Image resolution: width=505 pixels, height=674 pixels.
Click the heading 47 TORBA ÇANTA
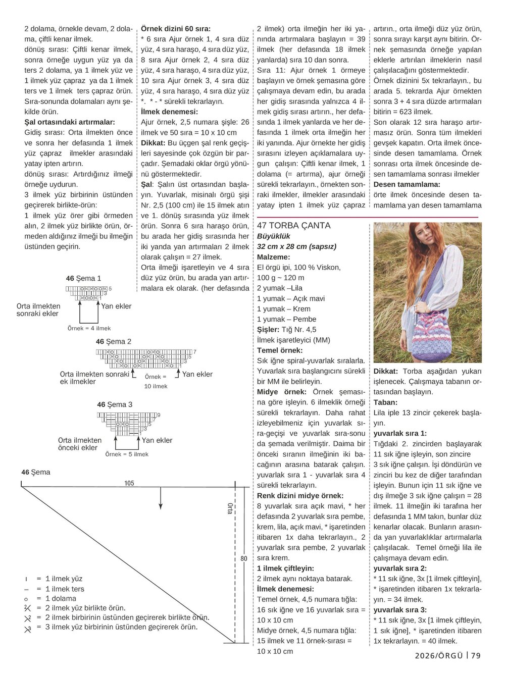[293, 226]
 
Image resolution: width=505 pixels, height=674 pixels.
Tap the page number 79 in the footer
[475, 656]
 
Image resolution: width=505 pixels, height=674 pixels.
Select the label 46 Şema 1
[83, 278]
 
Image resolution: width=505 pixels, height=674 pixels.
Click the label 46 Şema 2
[114, 342]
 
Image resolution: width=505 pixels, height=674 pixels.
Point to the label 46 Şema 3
[115, 405]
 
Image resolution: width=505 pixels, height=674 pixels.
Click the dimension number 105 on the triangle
[129, 483]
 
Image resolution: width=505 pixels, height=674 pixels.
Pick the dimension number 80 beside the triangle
[244, 559]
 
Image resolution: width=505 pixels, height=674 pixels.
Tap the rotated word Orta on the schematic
[230, 509]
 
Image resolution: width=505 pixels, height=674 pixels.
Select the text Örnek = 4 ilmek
[89, 328]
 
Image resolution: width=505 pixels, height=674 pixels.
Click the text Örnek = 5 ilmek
[127, 454]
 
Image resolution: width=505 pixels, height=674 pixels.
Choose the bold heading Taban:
[385, 402]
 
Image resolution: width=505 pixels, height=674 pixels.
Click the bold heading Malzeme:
[273, 257]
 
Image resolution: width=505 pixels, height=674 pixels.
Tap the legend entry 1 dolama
[61, 599]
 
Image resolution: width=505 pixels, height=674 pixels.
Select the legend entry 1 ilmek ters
[65, 589]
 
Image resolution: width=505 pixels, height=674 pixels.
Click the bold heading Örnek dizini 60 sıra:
[176, 29]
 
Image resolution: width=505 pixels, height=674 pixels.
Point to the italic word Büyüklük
[274, 236]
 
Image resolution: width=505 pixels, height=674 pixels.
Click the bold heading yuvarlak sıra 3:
[400, 610]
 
